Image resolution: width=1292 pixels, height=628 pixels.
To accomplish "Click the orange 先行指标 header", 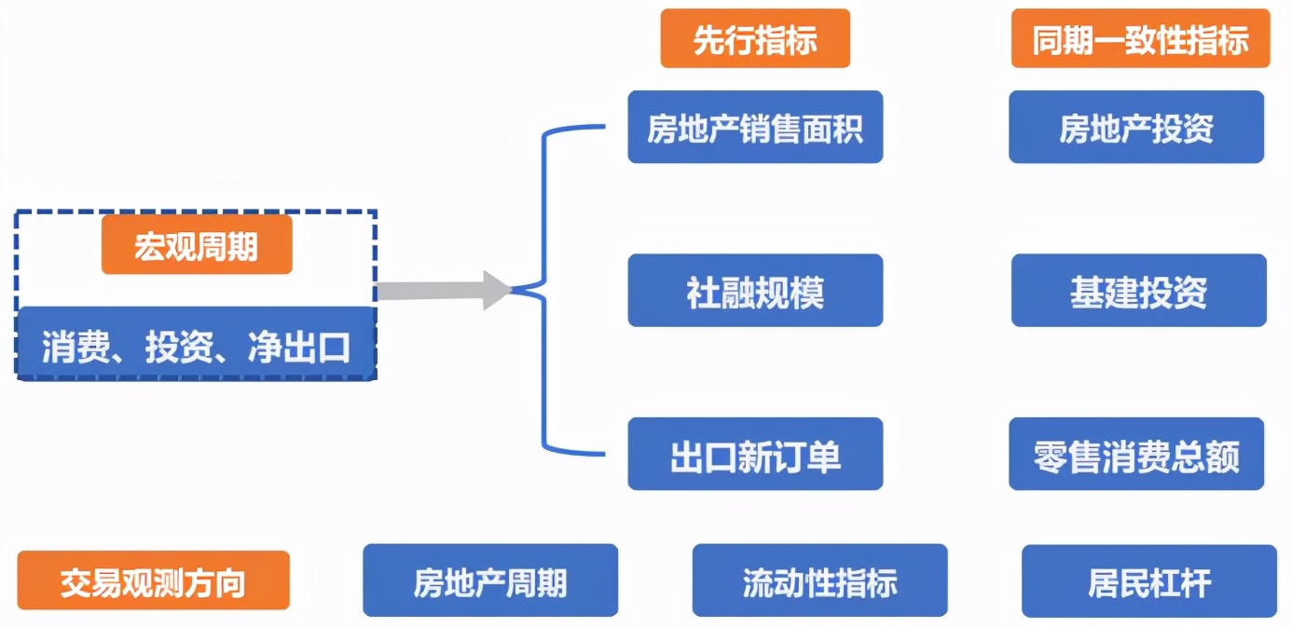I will click(x=755, y=39).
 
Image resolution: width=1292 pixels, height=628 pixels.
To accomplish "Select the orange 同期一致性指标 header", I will click(x=1140, y=39).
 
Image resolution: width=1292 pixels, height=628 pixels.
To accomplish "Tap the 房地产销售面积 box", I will click(x=755, y=128).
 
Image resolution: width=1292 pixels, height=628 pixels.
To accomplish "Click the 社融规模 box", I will click(x=755, y=291).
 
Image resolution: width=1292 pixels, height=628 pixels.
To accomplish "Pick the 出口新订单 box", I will click(x=755, y=455).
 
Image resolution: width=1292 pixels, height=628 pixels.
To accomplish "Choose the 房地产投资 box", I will click(x=1136, y=128).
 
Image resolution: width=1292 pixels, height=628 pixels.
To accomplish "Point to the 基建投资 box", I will click(x=1138, y=291).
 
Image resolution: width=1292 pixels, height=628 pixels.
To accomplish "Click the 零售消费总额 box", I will click(x=1136, y=455).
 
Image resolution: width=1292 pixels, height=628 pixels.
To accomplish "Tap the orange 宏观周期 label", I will click(x=197, y=246).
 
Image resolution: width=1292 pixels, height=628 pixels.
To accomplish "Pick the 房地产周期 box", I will click(x=490, y=581).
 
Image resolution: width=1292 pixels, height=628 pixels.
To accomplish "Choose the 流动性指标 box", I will click(x=819, y=581).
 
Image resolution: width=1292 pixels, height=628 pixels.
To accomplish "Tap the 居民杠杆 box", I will click(x=1149, y=581).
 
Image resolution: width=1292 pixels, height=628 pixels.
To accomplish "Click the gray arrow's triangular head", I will click(x=497, y=291).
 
